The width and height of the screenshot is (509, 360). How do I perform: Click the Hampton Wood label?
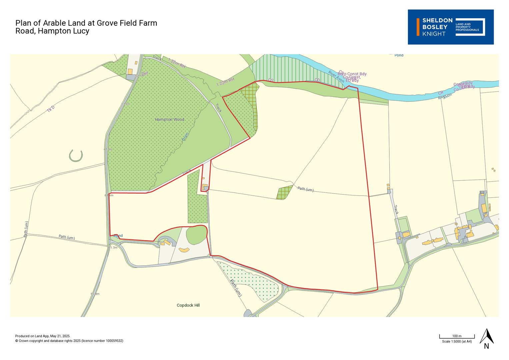pos(169,119)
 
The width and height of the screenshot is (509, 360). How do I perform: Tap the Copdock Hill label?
pos(188,305)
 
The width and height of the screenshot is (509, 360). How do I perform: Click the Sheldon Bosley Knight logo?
pos(450,27)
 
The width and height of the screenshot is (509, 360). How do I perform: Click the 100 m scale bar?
pos(457,337)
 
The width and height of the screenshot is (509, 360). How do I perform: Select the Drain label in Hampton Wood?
pos(186,136)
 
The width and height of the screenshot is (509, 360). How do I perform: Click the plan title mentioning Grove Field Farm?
pos(86,27)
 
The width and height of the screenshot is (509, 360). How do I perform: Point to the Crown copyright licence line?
pos(69,341)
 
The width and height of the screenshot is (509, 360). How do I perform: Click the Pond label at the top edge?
pos(399,55)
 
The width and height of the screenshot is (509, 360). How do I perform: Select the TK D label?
pos(50,109)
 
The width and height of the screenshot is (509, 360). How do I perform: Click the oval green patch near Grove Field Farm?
pos(196,235)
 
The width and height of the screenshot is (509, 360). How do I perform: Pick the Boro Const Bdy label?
pos(353,74)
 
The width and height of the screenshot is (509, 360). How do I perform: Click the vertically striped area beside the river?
pos(293,68)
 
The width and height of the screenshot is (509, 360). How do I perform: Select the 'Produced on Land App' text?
pos(43,336)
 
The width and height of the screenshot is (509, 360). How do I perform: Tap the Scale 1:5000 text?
pos(457,341)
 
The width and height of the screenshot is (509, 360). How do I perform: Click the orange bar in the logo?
pos(418,27)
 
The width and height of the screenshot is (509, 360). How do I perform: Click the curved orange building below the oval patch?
pos(184,250)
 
